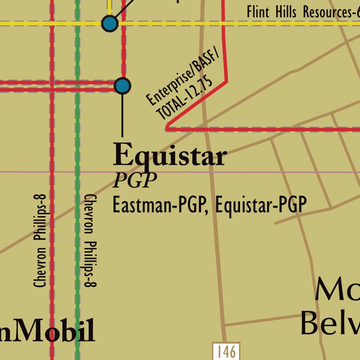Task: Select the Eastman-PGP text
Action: tap(159, 205)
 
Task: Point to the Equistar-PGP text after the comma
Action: tap(261, 205)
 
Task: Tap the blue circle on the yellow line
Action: tap(109, 23)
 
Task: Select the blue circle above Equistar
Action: tap(122, 86)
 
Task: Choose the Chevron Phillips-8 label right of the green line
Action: tap(90, 240)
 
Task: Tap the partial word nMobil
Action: tap(47, 331)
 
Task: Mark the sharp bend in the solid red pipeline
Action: tap(227, 82)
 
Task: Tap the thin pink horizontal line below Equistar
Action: tap(281, 172)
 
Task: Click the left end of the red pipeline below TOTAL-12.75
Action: tap(167, 127)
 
